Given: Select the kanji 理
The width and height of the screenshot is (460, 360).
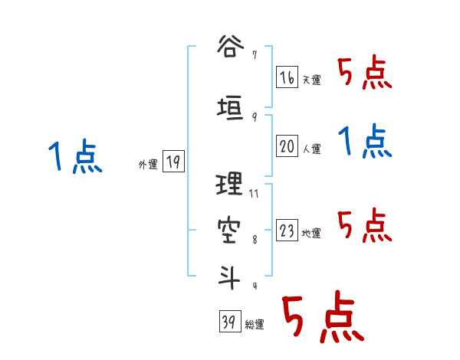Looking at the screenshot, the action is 230,185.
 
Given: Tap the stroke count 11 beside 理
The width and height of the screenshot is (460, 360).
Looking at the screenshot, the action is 254,193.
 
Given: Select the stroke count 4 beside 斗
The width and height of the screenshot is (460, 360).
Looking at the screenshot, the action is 254,286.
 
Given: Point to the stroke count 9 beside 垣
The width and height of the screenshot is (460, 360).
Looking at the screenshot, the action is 254,117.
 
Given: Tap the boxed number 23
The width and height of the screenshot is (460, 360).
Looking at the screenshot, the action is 287,231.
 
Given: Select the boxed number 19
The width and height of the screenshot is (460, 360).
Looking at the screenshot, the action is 173,162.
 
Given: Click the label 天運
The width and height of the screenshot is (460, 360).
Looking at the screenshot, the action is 311,80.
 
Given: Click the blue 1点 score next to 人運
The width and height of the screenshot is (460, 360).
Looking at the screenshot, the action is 365,141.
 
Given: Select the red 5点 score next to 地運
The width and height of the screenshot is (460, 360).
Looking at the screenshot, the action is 365,224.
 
